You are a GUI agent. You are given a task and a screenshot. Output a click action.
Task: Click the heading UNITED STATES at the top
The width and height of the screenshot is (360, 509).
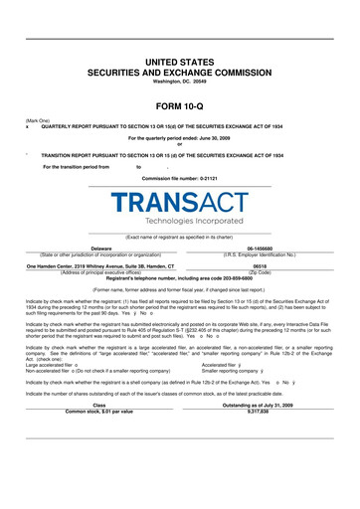coord(180,62)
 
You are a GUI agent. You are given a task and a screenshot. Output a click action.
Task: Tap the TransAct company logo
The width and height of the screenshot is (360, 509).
coord(180,199)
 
